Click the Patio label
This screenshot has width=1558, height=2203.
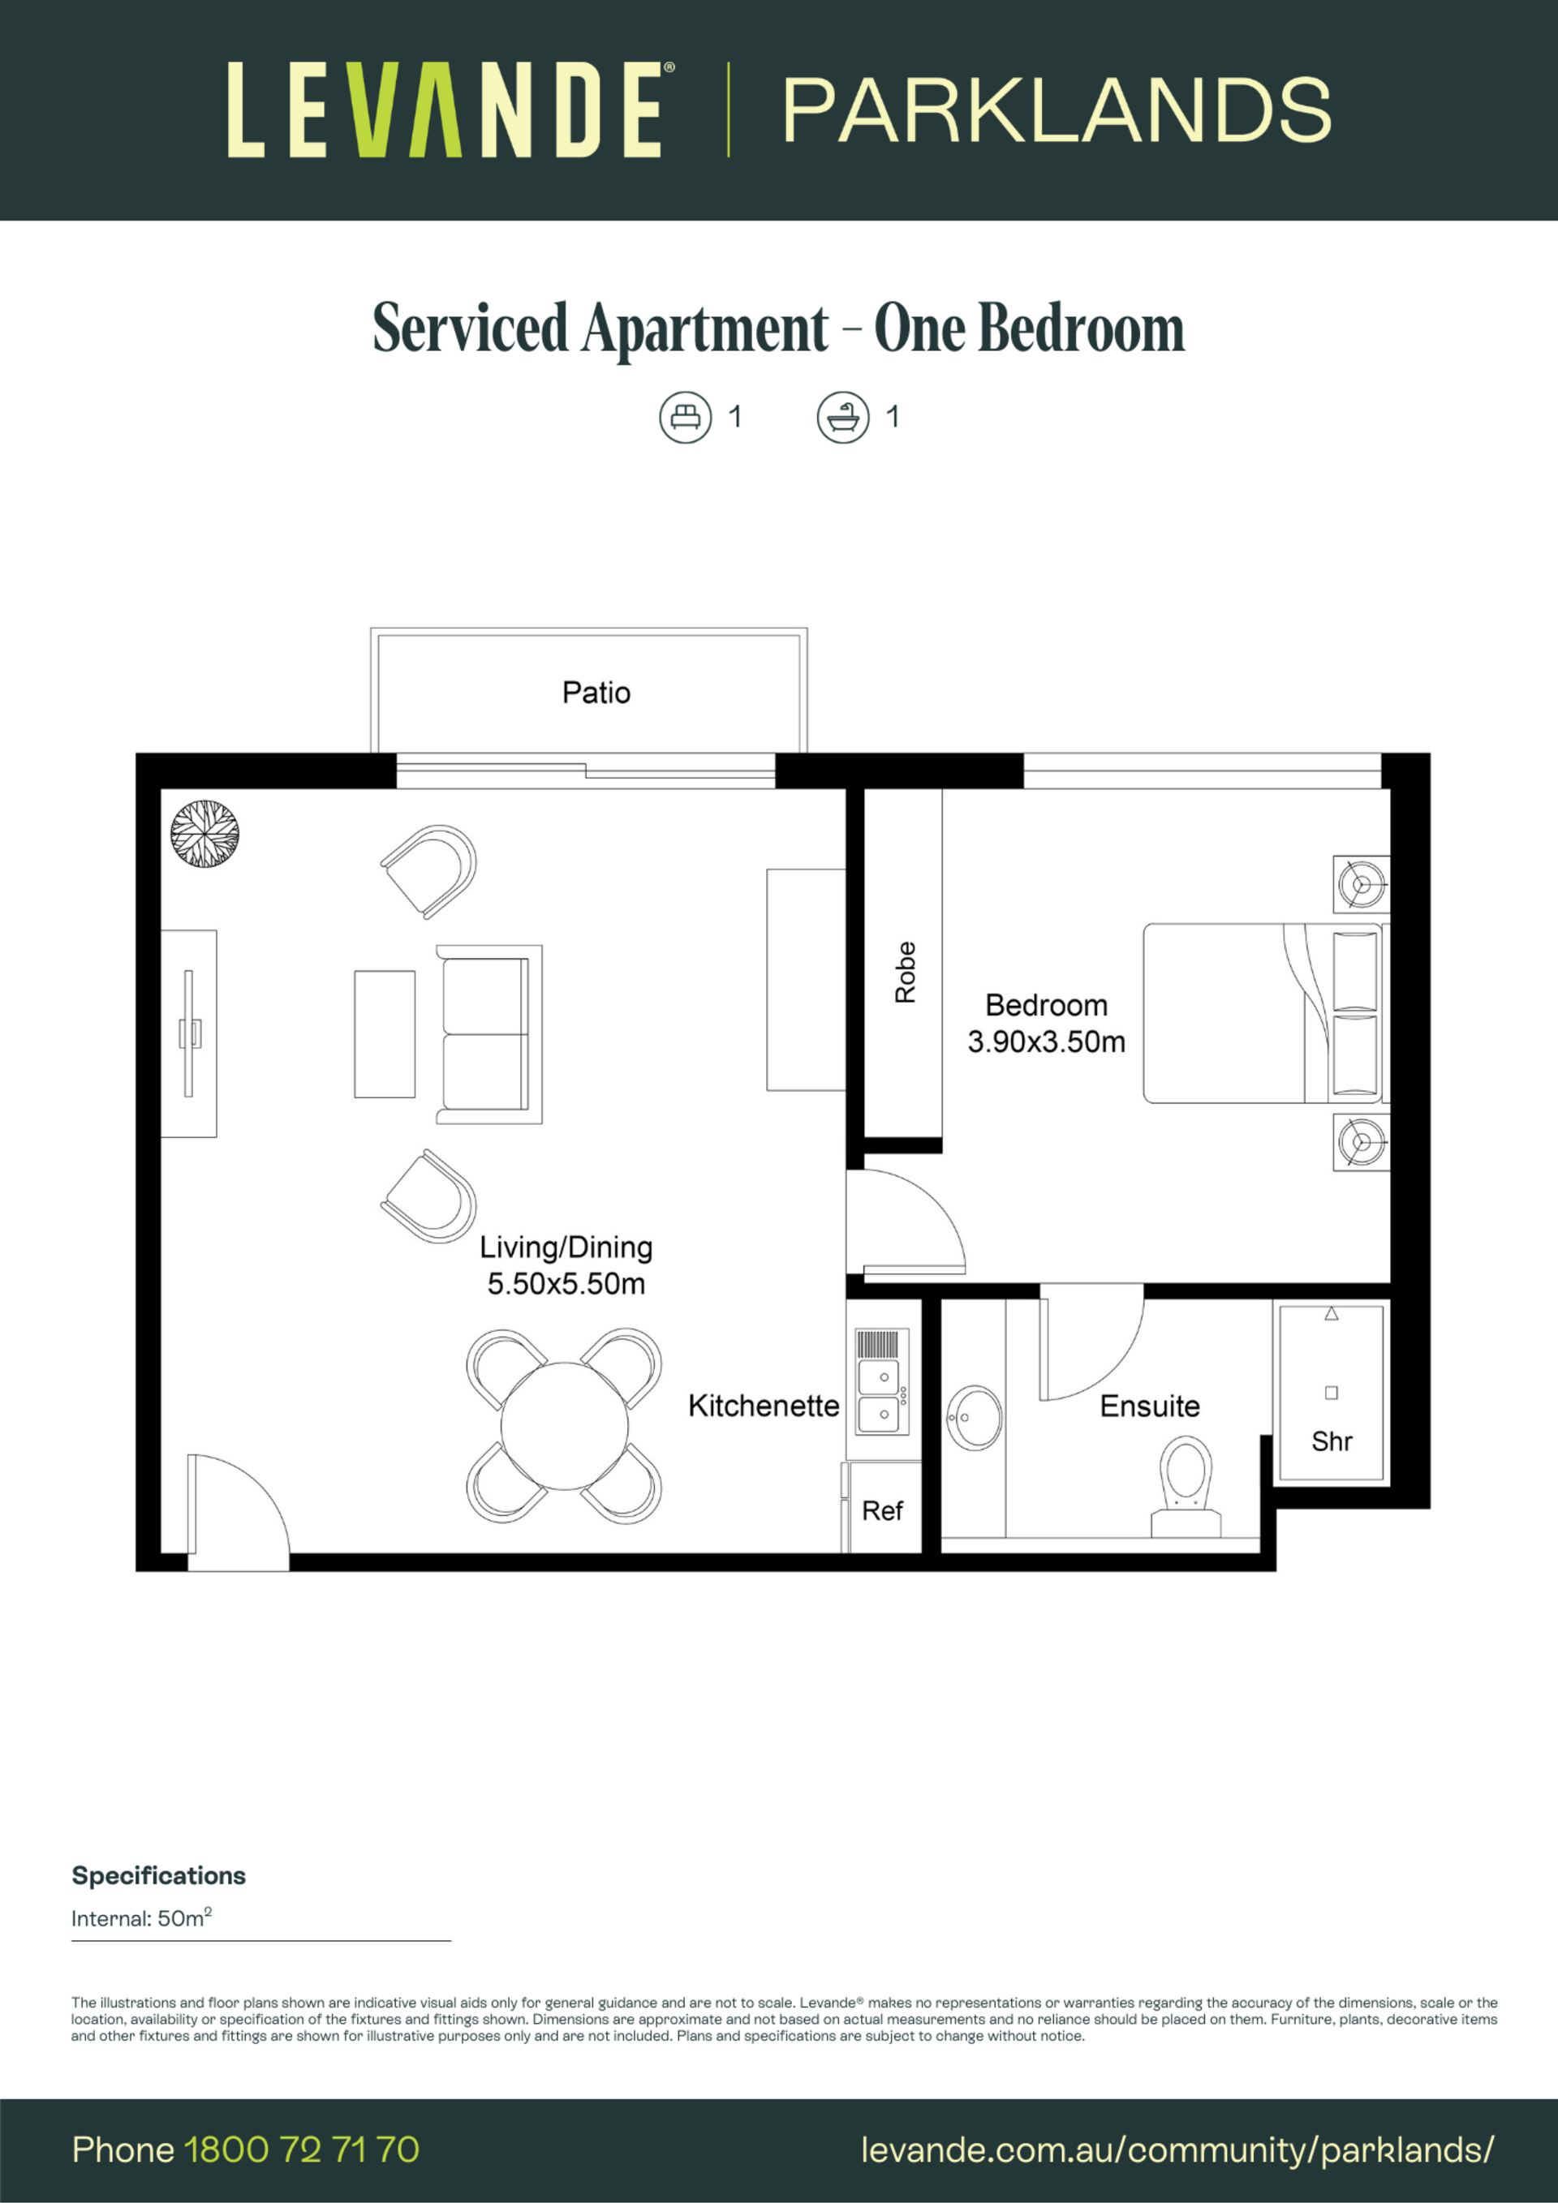tap(596, 693)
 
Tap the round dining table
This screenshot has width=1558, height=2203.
tap(565, 1426)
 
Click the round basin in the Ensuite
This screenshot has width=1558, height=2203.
tap(975, 1417)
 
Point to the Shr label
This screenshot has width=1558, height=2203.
tap(1332, 1441)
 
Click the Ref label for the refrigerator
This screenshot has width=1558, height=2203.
tap(882, 1511)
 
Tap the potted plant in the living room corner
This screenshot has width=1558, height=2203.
tap(204, 834)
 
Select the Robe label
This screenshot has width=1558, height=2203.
tap(906, 972)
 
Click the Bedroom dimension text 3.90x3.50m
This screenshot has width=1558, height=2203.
tap(1046, 1042)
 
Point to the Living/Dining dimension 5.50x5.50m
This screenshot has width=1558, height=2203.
tap(566, 1284)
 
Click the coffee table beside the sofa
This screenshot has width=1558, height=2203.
tap(385, 1033)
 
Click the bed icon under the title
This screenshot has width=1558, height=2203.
tap(686, 418)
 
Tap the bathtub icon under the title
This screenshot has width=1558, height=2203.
tap(843, 418)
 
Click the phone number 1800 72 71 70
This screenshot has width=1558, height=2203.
tap(301, 2150)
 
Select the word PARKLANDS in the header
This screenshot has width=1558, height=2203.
tap(1057, 111)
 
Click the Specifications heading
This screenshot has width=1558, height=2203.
tap(159, 1876)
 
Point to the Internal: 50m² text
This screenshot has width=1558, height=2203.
tap(141, 1918)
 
